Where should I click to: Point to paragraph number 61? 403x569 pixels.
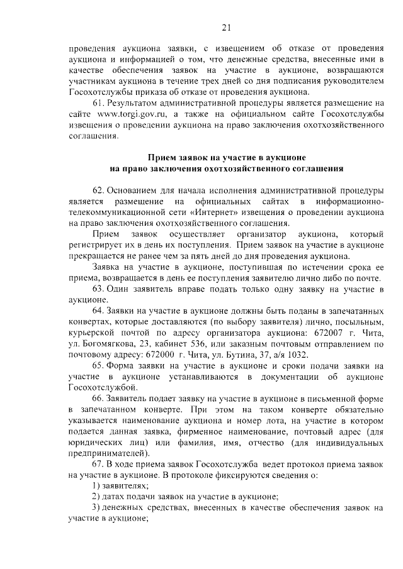(x=98, y=102)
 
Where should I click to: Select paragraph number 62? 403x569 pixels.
(x=98, y=189)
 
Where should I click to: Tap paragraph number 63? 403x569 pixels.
(x=98, y=289)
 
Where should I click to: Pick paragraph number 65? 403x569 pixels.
(x=98, y=365)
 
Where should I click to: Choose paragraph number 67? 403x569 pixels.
(x=98, y=463)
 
